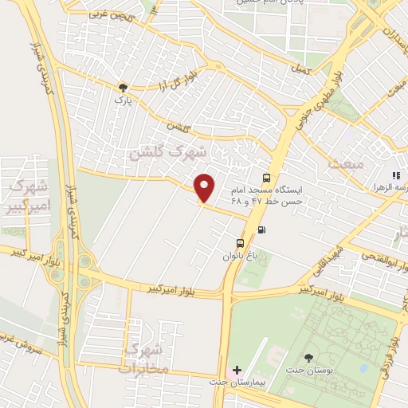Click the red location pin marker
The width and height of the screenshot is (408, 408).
click(206, 188)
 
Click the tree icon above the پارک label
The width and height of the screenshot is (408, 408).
click(123, 88)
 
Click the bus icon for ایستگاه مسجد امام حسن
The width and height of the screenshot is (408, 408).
click(266, 178)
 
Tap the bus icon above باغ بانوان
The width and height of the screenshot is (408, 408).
click(240, 243)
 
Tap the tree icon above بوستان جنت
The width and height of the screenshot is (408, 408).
click(308, 359)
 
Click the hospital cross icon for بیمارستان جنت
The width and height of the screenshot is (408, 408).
click(236, 371)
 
